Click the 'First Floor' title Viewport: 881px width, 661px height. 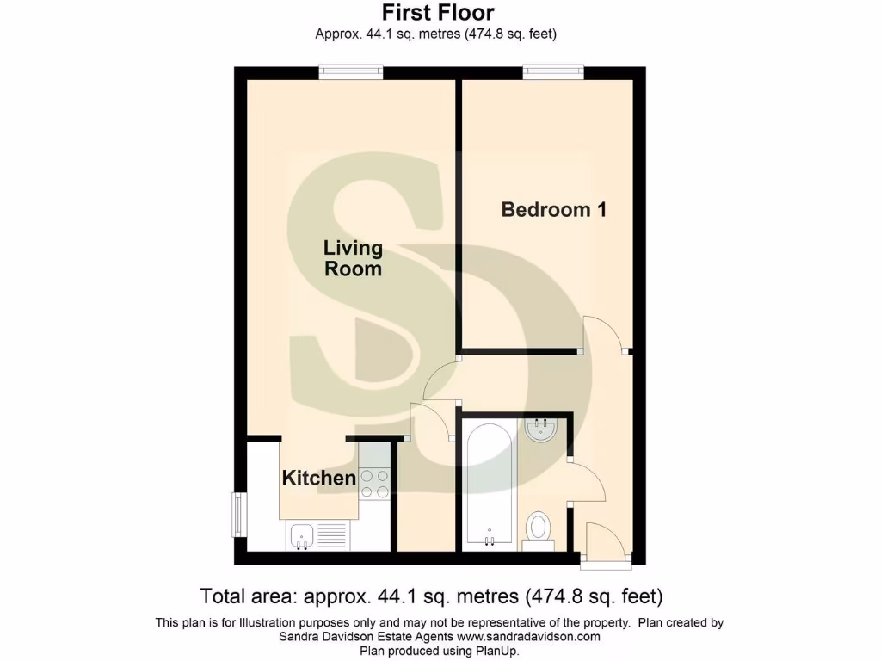(x=438, y=13)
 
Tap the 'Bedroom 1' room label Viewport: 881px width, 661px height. (x=554, y=209)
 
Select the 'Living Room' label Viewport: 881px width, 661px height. (x=353, y=258)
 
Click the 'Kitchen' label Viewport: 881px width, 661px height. (x=319, y=478)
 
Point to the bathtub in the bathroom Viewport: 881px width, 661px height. (x=490, y=485)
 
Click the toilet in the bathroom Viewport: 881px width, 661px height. (x=539, y=527)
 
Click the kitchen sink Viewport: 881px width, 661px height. (x=302, y=536)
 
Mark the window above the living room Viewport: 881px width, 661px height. (x=350, y=73)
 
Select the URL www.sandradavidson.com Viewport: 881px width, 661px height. (x=527, y=637)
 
